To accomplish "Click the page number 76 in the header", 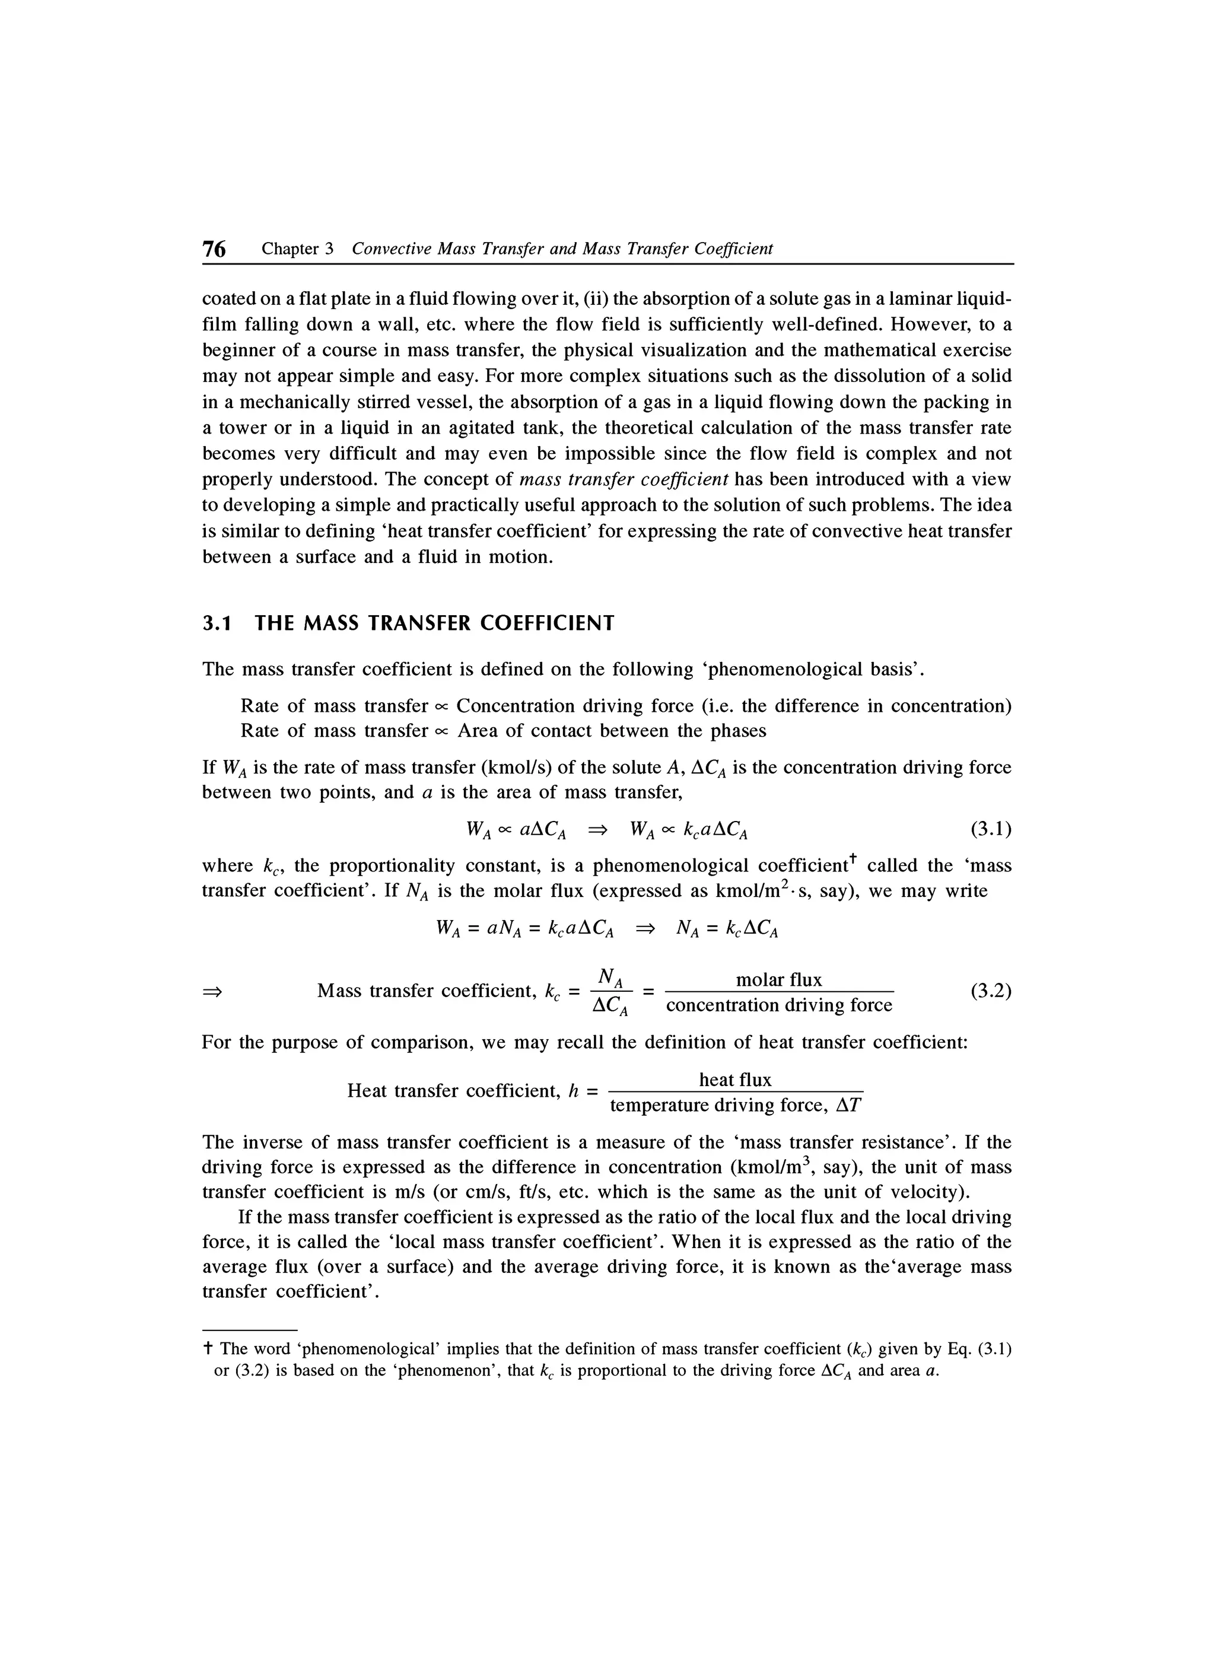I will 214,250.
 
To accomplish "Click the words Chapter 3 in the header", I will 298,249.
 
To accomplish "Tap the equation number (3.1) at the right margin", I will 990,830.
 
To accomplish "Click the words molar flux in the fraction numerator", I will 779,980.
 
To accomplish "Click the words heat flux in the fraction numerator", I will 734,1080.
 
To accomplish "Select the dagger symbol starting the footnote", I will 208,1349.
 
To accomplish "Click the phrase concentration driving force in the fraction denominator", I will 779,1005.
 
